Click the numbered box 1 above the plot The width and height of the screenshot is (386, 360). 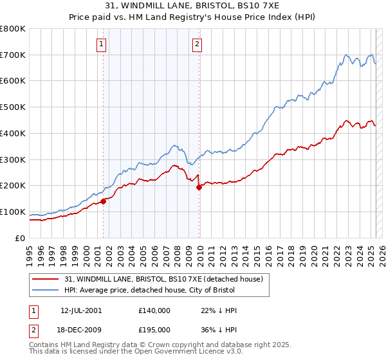tap(102, 44)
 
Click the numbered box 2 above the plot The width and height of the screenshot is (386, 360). tap(197, 44)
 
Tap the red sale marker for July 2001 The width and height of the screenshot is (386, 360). tap(103, 201)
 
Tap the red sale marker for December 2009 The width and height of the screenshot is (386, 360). tap(199, 187)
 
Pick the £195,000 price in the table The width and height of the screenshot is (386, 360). tap(154, 328)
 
